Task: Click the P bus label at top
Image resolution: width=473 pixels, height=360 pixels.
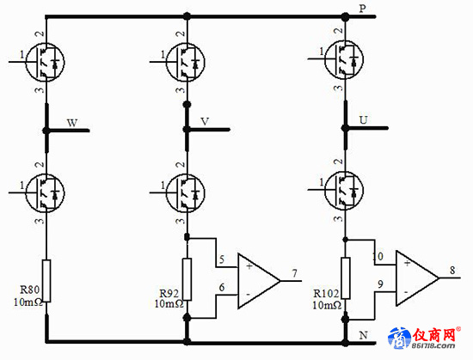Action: tap(362, 9)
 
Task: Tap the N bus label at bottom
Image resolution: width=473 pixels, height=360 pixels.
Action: tap(363, 335)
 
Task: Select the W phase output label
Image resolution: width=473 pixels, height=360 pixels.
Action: tap(72, 123)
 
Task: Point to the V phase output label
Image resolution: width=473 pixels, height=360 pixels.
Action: tap(205, 121)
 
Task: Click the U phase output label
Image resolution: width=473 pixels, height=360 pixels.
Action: tap(363, 120)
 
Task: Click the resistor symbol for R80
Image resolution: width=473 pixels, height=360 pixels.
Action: tap(46, 280)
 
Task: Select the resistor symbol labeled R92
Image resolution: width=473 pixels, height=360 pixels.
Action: tap(187, 279)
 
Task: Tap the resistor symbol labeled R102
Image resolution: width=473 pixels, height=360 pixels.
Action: tap(346, 278)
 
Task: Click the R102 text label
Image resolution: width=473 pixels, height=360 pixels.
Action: tap(326, 293)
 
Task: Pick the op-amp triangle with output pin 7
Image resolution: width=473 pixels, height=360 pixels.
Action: tap(259, 281)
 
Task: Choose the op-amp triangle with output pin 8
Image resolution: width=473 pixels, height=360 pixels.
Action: tap(417, 278)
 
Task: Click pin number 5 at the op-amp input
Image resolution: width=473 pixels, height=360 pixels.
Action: tap(222, 259)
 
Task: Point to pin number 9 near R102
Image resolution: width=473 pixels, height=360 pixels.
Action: tap(380, 284)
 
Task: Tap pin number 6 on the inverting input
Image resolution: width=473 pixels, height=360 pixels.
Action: tap(222, 287)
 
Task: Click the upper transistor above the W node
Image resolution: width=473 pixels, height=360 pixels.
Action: tap(46, 62)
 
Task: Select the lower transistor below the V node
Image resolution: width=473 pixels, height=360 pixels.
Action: tap(186, 192)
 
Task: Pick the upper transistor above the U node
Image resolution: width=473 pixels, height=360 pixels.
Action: tap(344, 59)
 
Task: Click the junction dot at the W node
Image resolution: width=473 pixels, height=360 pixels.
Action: tap(46, 131)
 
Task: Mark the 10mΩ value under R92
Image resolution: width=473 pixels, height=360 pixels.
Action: tap(169, 304)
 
